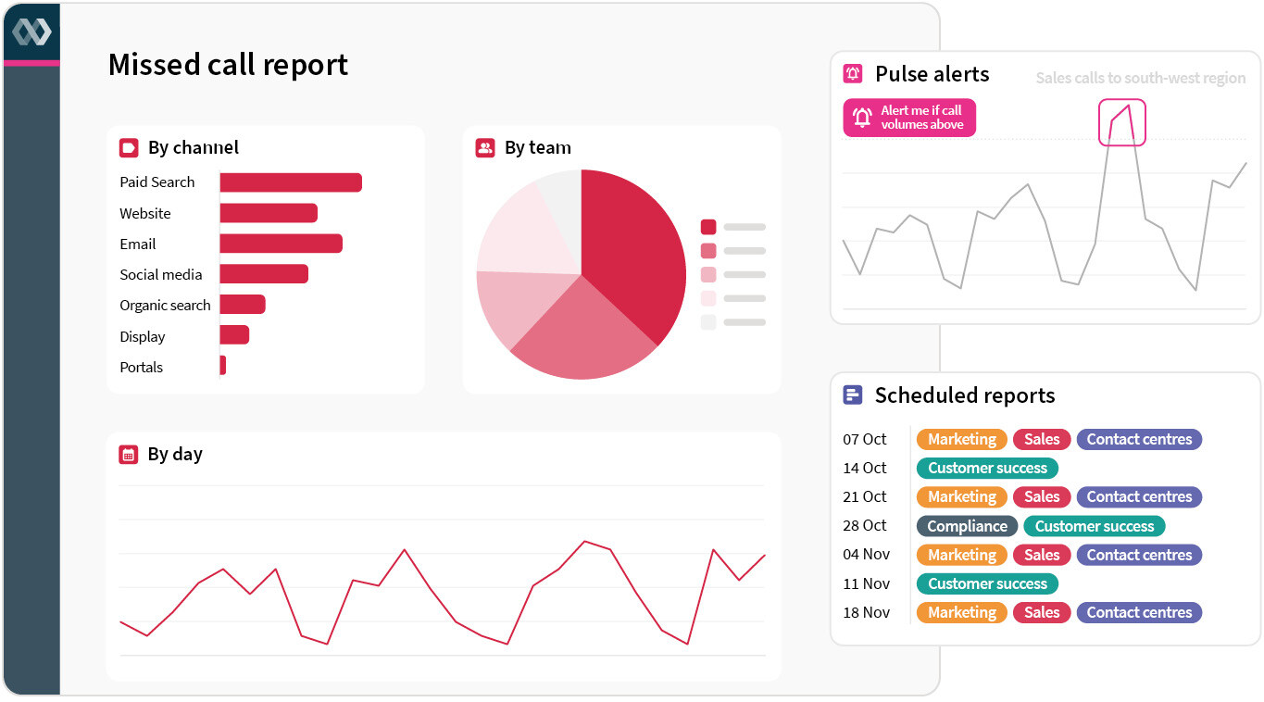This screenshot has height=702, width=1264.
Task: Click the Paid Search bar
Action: pos(290,182)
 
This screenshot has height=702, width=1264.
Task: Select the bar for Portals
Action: pos(222,366)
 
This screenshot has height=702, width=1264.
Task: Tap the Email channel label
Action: pos(137,244)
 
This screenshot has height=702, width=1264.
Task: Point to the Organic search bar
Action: pos(242,305)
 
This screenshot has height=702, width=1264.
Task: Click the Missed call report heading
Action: pos(228,65)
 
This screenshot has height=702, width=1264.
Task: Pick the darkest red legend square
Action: pos(708,227)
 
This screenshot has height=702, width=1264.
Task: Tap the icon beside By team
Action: pos(485,148)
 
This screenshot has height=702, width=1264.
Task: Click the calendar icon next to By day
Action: pos(129,455)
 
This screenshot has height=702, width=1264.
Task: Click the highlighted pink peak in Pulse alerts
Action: pos(1122,122)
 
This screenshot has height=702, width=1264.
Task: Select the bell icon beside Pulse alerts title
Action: pos(853,74)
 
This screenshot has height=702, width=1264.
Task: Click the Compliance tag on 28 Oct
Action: pos(967,526)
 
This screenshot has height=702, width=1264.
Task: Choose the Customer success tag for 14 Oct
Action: pos(987,469)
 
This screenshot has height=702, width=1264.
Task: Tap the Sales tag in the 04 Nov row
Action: pos(1042,555)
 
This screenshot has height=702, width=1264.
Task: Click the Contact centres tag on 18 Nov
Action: pos(1139,612)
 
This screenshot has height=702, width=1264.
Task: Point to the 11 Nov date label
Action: pos(866,583)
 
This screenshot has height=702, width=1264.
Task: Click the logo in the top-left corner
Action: pos(31,31)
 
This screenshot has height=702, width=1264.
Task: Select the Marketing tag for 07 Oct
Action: pos(961,440)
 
